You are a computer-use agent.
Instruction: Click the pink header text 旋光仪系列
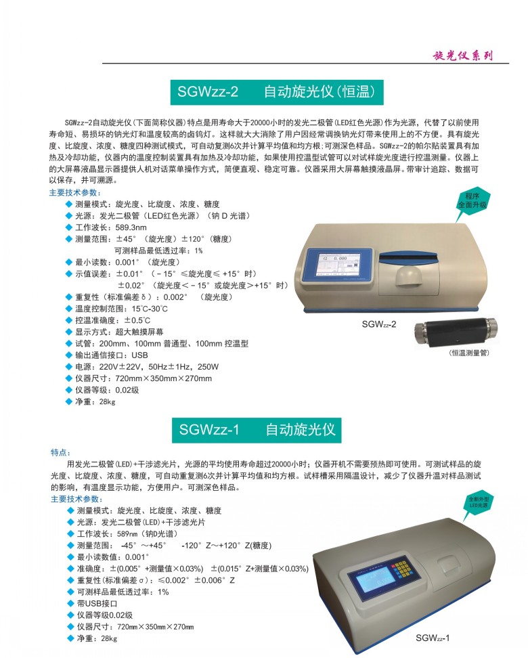click(462, 56)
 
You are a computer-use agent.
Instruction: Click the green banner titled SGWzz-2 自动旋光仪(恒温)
click(277, 92)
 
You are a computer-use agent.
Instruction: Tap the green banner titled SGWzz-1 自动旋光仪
click(257, 430)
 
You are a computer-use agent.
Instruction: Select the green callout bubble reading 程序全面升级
click(472, 202)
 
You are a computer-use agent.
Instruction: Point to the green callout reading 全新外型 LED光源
click(479, 503)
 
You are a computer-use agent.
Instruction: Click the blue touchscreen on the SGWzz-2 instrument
click(338, 263)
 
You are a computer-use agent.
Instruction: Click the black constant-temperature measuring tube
click(456, 333)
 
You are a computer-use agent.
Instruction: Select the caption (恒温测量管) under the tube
click(469, 353)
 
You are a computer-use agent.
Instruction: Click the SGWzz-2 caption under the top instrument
click(379, 324)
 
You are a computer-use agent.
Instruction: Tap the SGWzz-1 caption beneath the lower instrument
click(433, 638)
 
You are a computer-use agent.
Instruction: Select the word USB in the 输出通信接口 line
click(139, 355)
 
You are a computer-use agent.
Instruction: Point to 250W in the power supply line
click(208, 367)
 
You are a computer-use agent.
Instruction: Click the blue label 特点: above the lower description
click(61, 452)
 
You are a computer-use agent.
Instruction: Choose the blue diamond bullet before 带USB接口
click(70, 603)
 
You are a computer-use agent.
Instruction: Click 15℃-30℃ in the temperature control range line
click(150, 309)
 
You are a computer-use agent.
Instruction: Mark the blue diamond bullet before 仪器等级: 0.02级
click(69, 390)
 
